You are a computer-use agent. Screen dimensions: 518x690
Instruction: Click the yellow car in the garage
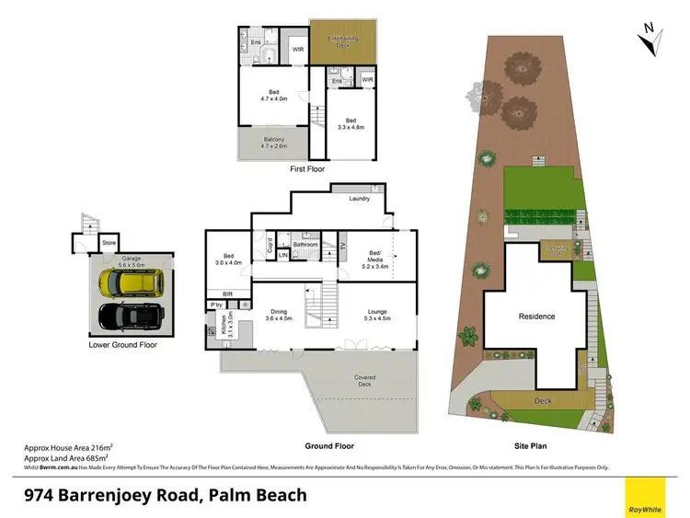coord(132,281)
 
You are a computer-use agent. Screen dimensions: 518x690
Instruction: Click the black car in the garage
coord(132,317)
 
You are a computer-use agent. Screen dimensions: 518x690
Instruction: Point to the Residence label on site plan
coord(537,317)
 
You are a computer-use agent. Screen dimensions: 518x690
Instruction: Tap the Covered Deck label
coord(365,378)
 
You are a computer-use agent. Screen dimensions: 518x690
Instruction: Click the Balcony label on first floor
coord(274,142)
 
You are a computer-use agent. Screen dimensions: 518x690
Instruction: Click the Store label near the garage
coord(109,244)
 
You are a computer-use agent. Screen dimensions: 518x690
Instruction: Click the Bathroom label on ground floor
coord(305,245)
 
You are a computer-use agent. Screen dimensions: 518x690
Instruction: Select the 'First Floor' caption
coord(307,169)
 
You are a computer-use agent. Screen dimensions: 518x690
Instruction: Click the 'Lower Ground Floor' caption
coord(123,346)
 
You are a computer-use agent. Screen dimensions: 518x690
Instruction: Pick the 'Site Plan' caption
coord(533,446)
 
